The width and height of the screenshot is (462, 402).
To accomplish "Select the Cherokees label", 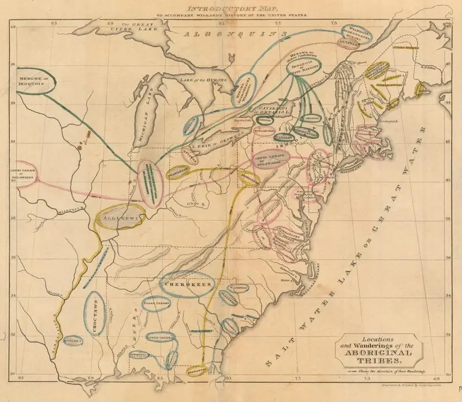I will pos(187,285).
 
